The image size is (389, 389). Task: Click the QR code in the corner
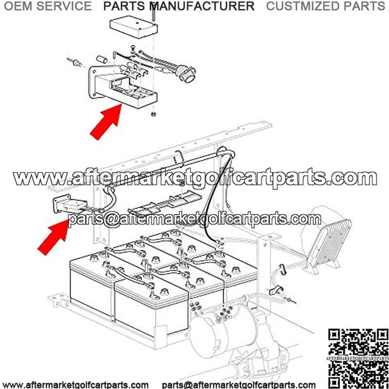click(358, 359)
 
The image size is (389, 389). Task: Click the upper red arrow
click(106, 122)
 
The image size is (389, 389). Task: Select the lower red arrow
click(53, 237)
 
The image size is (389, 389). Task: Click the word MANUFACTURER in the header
click(202, 6)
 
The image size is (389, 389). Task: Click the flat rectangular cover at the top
click(133, 27)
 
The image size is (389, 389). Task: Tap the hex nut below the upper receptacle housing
click(153, 114)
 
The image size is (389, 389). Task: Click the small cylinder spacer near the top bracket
click(102, 60)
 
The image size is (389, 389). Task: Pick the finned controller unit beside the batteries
click(327, 246)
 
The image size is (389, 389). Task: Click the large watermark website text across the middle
click(195, 177)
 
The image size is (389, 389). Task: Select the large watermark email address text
click(194, 219)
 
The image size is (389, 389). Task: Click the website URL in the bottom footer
click(75, 385)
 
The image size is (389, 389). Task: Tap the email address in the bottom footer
click(239, 385)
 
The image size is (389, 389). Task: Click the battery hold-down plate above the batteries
click(165, 203)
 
